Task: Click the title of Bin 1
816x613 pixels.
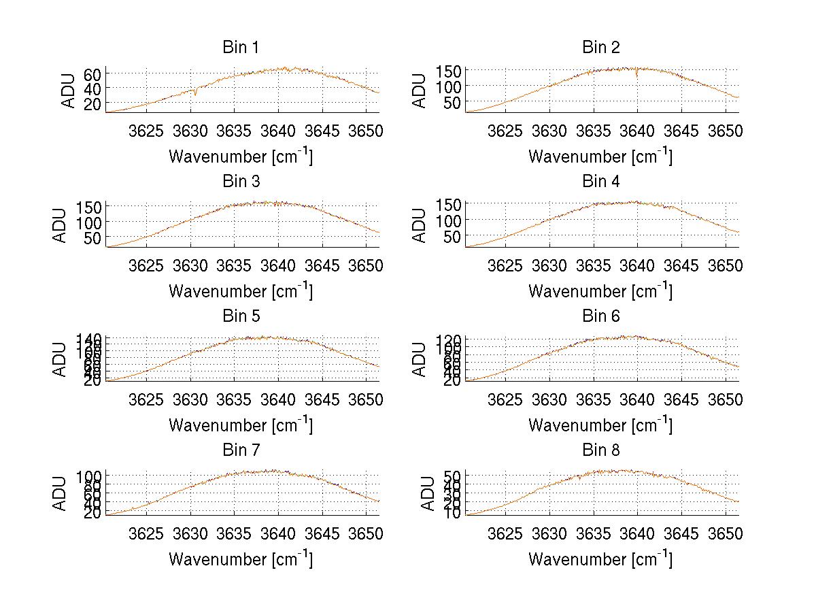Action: [x=241, y=48]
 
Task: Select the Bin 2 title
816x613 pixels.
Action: [x=600, y=48]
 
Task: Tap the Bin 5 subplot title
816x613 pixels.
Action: [x=241, y=316]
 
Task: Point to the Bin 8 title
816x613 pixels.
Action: [x=600, y=450]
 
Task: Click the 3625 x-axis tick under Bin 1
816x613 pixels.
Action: [x=147, y=131]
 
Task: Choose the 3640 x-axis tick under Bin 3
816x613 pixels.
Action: [x=278, y=265]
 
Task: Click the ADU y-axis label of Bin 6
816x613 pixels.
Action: [x=421, y=359]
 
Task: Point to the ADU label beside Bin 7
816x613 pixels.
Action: [x=61, y=493]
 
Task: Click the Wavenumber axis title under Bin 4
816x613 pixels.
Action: [x=600, y=291]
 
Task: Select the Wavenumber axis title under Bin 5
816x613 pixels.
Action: [x=241, y=425]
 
